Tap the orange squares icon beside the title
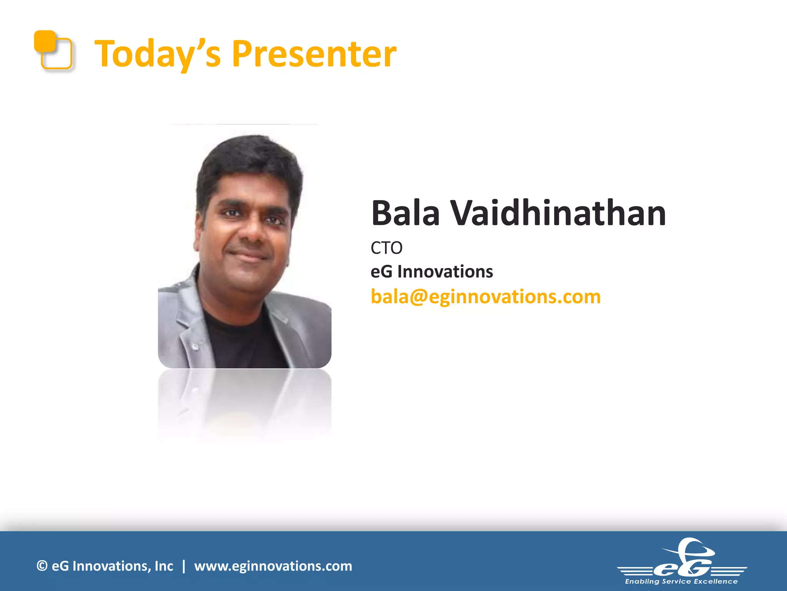pos(53,50)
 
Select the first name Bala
pos(405,214)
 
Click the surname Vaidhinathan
pos(558,214)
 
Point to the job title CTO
pos(386,248)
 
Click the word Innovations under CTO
pos(445,272)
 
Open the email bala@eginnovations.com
pos(485,297)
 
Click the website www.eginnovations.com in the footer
pos(273,566)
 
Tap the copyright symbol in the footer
pos(42,566)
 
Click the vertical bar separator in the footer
pos(184,566)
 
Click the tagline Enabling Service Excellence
pos(681,581)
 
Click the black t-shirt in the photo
pos(242,342)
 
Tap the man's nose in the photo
pos(252,231)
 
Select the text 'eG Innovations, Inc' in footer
pos(112,566)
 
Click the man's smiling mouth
pos(248,255)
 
